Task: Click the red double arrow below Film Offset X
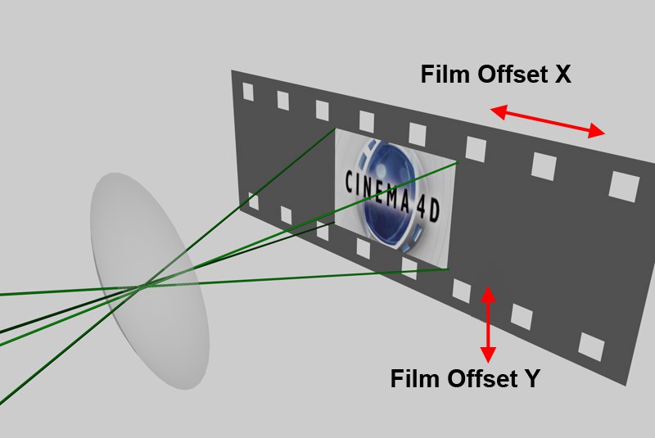[547, 121]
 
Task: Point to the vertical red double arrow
[488, 324]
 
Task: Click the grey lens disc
[150, 281]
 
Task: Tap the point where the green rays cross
[142, 286]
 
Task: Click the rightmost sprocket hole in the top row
[624, 186]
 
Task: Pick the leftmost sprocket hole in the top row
[248, 92]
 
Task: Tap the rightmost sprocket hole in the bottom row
[591, 346]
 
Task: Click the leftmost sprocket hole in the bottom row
[253, 201]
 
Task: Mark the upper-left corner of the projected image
[336, 129]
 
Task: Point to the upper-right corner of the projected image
[458, 162]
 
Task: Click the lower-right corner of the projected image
[448, 269]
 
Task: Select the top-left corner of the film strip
[232, 70]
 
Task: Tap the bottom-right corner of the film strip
[626, 385]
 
